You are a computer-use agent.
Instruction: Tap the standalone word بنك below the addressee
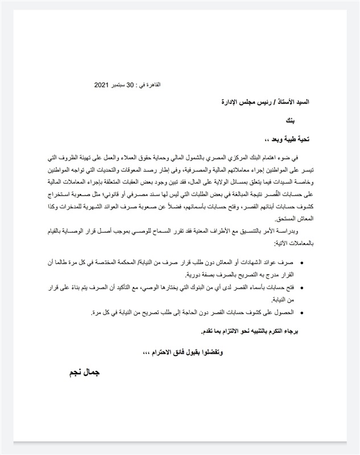290,121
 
